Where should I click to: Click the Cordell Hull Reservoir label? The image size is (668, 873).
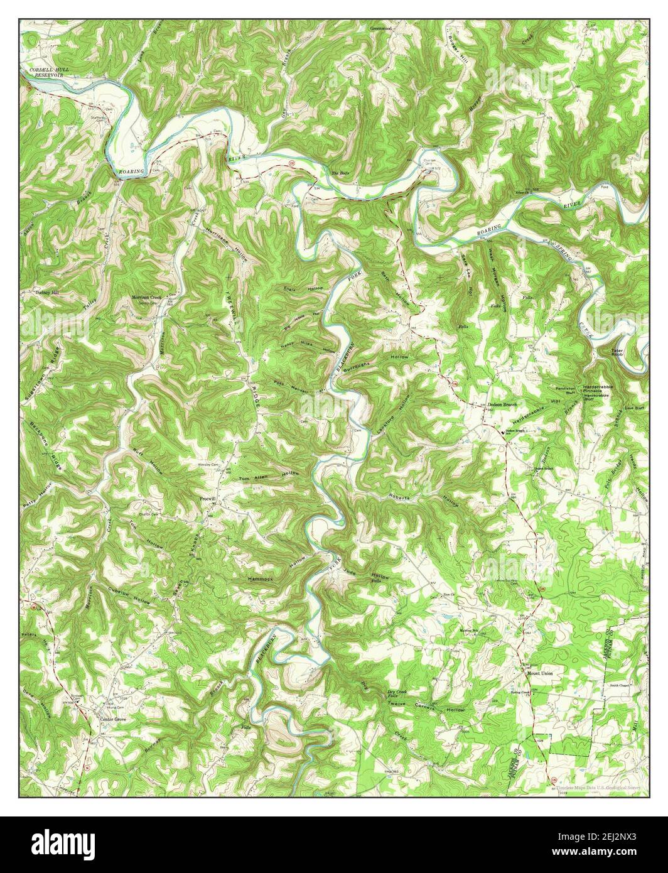46,72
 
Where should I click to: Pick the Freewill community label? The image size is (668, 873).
208,497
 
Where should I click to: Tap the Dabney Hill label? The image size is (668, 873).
46,293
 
